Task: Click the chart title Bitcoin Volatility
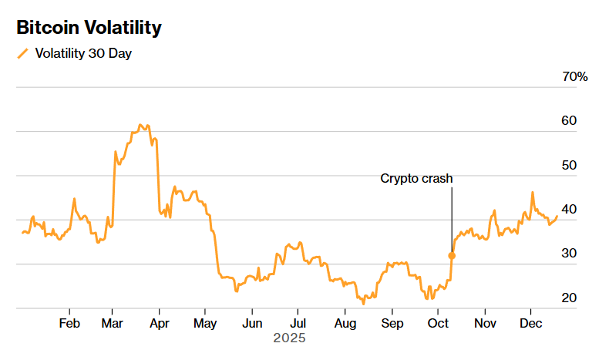(x=89, y=29)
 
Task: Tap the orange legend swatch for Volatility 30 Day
(x=22, y=54)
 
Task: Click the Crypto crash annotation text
(x=416, y=179)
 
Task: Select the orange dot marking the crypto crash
(x=452, y=255)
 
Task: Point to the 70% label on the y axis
(x=575, y=77)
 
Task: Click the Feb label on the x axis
(x=69, y=322)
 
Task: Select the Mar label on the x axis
(x=113, y=322)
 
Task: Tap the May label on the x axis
(x=205, y=322)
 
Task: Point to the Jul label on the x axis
(x=298, y=322)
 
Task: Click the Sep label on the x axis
(x=392, y=322)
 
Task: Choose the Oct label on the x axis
(x=439, y=322)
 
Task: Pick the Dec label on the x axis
(x=530, y=322)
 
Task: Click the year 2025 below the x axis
(x=290, y=338)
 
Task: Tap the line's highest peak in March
(x=140, y=124)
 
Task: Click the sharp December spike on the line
(x=532, y=193)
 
